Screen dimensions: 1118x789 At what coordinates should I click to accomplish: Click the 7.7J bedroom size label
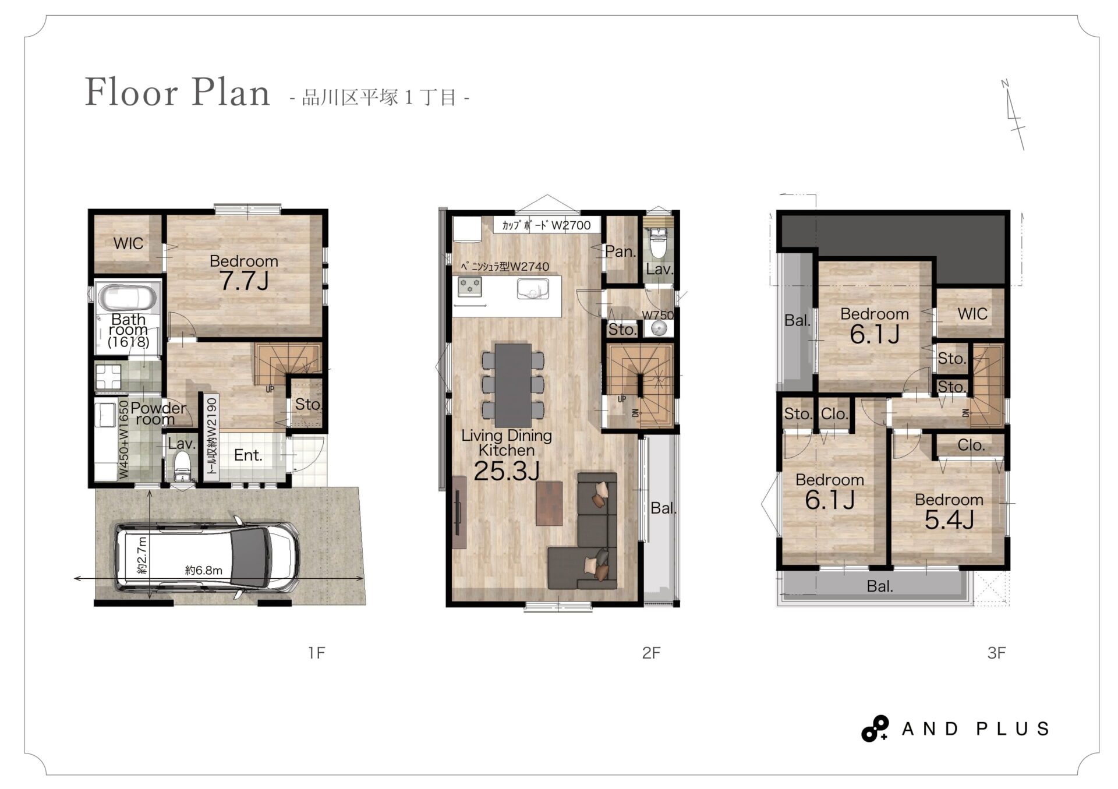[244, 281]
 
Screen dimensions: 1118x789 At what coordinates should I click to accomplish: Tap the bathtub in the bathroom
[128, 298]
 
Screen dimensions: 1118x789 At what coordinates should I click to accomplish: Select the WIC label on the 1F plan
[128, 243]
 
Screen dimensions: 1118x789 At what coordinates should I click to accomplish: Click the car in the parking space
[208, 558]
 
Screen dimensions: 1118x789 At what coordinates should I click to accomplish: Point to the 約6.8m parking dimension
[203, 571]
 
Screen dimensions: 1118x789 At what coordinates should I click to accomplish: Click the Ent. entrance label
[248, 455]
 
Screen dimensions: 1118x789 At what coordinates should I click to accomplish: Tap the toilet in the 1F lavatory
[183, 466]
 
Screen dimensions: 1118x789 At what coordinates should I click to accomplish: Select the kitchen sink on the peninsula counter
[533, 289]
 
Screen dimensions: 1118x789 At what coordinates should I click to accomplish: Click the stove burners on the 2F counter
[470, 286]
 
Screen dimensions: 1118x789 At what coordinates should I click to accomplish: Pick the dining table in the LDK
[513, 385]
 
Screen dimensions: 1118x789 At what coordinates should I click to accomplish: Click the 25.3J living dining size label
[507, 471]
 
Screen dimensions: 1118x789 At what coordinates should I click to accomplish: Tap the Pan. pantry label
[621, 252]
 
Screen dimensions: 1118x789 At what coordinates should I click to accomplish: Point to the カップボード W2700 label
[546, 225]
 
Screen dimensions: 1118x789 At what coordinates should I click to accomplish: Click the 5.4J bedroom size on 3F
[949, 520]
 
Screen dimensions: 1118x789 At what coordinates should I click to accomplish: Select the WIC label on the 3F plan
[972, 314]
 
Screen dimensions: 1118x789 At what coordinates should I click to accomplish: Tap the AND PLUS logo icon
[875, 728]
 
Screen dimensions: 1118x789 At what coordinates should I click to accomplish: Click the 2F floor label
[651, 653]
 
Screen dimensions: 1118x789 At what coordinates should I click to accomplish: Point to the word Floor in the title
[132, 92]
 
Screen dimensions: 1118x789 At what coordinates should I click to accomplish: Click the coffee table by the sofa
[549, 503]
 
